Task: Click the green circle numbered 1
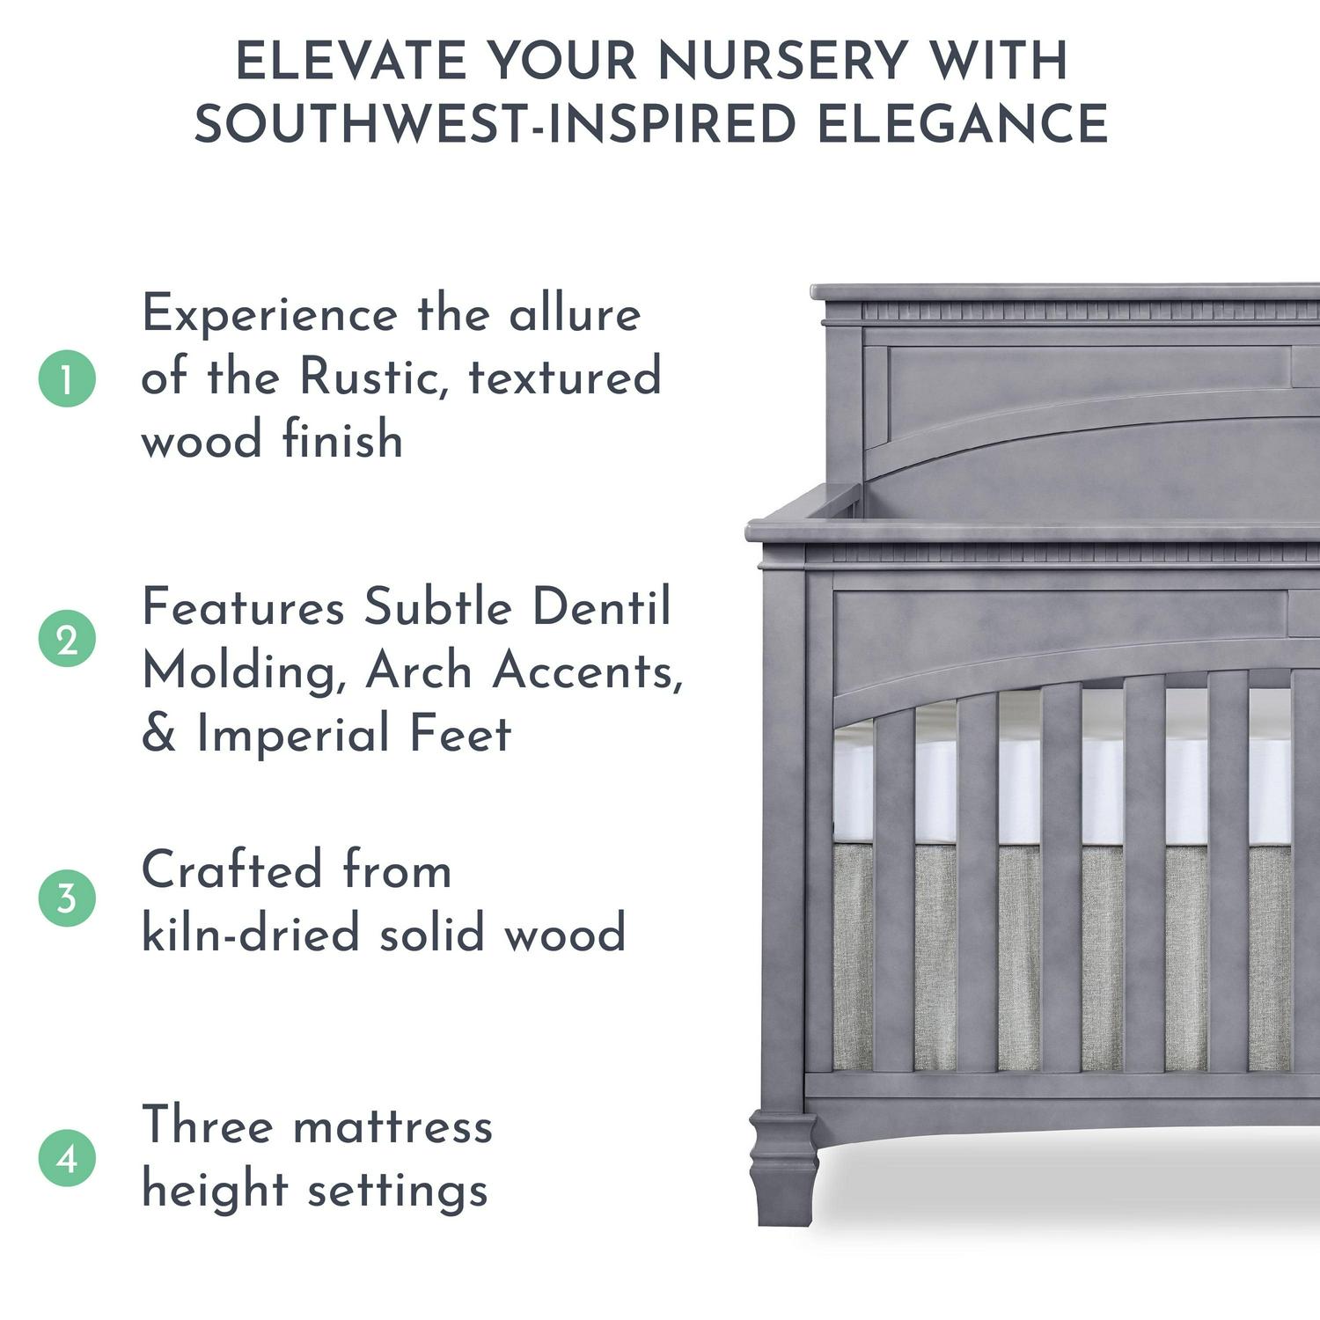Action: (67, 378)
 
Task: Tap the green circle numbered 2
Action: (67, 639)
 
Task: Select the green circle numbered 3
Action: (67, 898)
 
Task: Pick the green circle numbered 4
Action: (67, 1158)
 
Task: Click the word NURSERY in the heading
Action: (781, 61)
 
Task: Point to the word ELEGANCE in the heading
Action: (962, 123)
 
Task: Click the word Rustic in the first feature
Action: (374, 377)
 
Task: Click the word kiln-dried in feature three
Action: (251, 933)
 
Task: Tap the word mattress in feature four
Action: (392, 1126)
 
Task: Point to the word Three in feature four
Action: (207, 1126)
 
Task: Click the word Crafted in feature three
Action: (231, 870)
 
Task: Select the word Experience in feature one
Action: (270, 315)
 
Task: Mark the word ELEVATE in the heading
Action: (351, 61)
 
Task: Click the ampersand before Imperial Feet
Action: (158, 734)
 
